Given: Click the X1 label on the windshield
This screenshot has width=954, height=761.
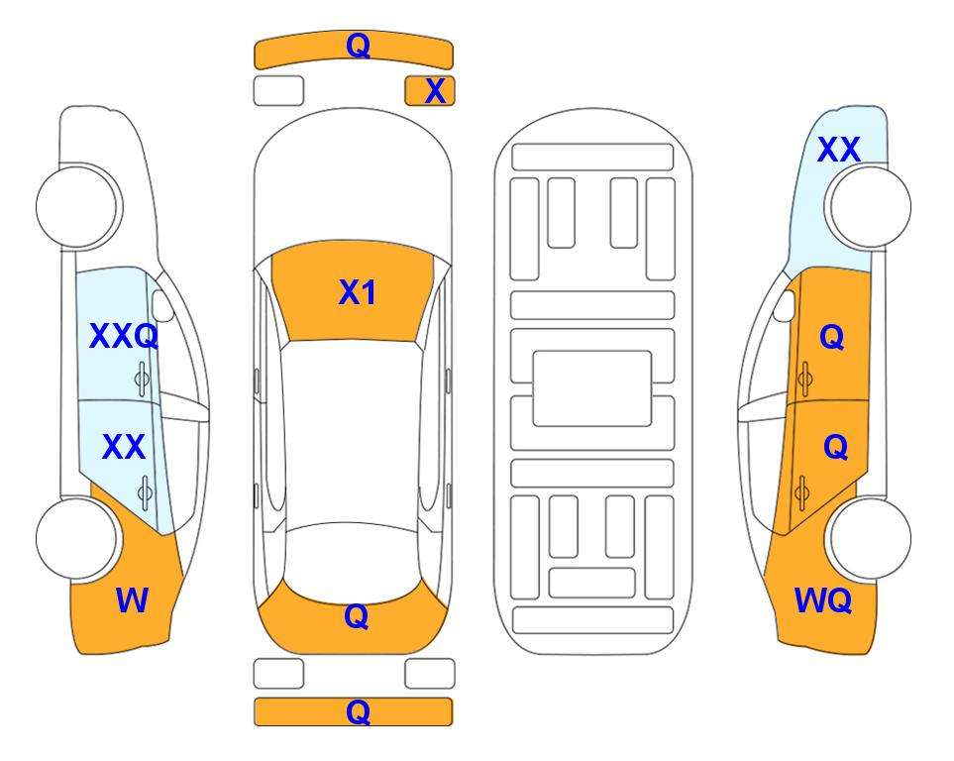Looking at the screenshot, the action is pos(358,292).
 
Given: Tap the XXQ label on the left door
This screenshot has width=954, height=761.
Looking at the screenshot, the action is pos(124,336).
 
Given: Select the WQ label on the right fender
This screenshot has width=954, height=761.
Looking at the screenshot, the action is pos(822,600).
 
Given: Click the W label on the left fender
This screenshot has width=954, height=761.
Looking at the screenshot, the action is pos(132,600).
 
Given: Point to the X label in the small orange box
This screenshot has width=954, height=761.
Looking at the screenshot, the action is pos(435,91).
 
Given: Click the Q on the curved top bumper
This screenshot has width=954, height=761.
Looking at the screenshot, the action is pos(358,46).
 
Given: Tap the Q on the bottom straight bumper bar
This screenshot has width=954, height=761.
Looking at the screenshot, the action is pos(358,711).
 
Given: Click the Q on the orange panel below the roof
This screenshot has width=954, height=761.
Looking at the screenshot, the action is pos(357,616).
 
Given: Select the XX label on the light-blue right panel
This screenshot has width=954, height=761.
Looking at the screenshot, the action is pos(838,150).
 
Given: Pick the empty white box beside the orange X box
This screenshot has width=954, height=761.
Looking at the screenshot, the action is pos(278,91).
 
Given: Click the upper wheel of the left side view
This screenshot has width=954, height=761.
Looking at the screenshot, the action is pos(77,206).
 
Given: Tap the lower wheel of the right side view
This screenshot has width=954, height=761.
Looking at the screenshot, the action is pos(870,538).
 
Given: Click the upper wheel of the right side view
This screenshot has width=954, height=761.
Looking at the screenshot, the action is pos(870,206).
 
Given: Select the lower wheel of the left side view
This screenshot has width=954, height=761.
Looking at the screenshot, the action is pos(76,538).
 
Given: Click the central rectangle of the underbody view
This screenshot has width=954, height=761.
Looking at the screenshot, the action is pos(592,388).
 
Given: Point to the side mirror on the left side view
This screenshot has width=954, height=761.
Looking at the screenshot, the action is pos(161,306).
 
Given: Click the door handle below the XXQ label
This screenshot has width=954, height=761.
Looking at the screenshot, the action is pos(142,380).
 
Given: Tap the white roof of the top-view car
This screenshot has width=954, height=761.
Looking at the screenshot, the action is pos(353,432).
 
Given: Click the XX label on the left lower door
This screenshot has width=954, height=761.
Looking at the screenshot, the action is pos(124,447).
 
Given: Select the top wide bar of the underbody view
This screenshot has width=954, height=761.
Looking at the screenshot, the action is pos(592,158).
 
